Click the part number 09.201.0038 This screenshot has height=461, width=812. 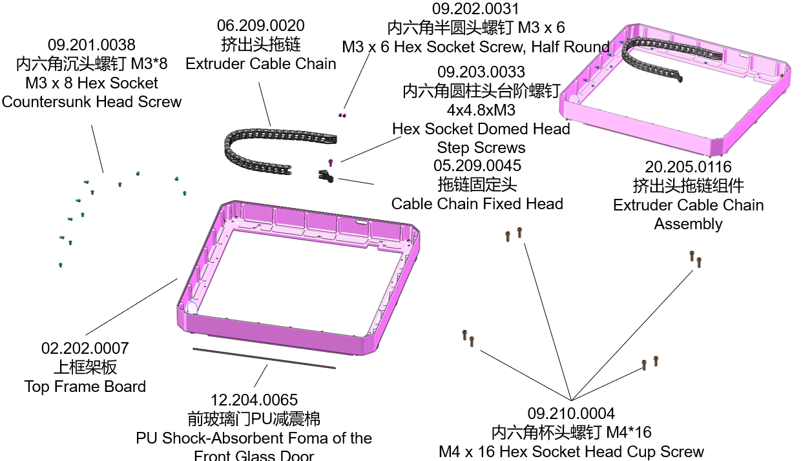92,45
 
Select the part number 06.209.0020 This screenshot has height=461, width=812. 261,26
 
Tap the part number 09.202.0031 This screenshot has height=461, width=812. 475,9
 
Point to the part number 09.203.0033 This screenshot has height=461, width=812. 481,72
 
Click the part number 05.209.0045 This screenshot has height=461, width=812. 478,166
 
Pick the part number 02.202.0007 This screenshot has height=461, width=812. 85,349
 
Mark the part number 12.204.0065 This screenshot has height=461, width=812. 255,400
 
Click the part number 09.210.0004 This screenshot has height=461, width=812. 571,414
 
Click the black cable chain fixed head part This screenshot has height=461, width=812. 325,175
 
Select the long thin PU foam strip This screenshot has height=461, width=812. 264,358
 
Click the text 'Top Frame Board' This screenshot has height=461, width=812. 85,387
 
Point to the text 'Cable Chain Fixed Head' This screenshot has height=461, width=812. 477,204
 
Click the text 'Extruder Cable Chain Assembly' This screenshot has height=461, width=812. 688,214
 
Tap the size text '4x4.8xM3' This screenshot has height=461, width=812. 481,110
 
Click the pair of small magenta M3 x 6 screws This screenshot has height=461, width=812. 343,115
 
